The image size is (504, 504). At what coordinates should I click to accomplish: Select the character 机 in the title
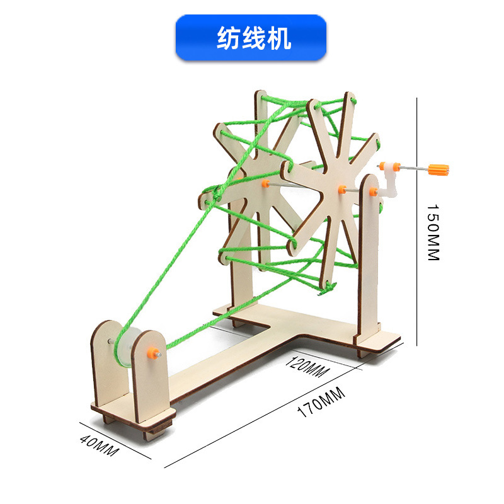[x=278, y=38]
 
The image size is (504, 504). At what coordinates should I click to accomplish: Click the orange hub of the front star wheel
[x=341, y=189]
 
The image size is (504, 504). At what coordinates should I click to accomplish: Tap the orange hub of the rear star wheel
[x=265, y=183]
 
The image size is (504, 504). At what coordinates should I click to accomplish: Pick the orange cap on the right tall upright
[x=374, y=192]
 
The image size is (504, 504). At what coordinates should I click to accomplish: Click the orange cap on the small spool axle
[x=152, y=350]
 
